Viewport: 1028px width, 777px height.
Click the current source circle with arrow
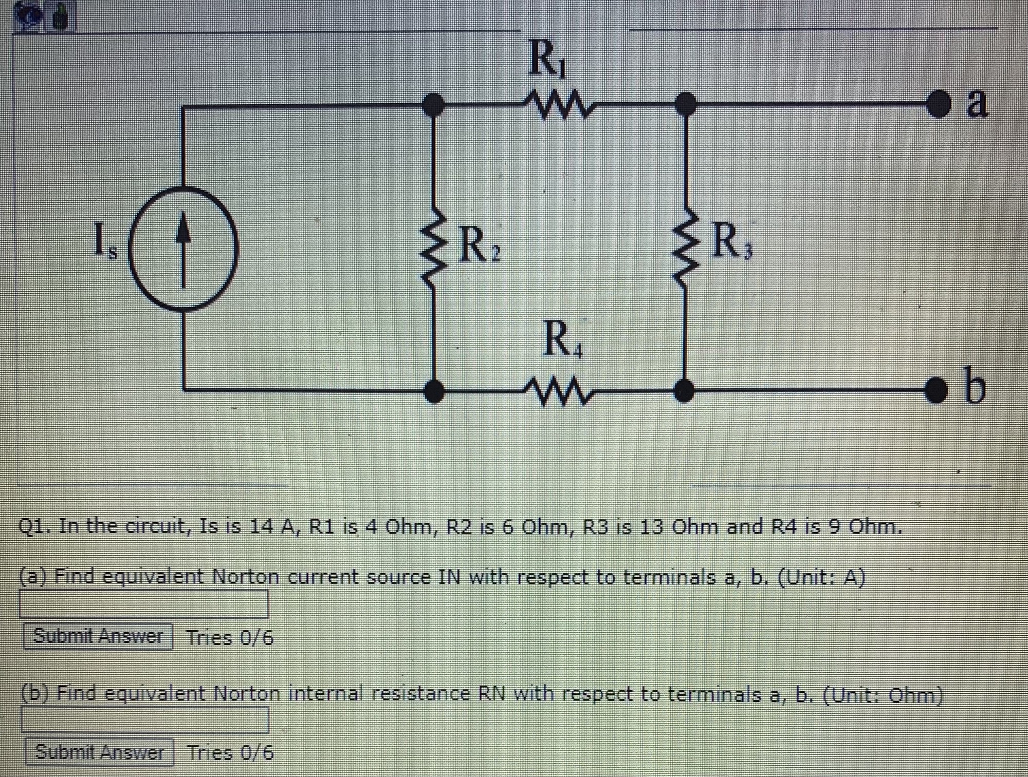click(x=183, y=249)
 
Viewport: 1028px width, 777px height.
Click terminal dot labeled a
click(x=938, y=104)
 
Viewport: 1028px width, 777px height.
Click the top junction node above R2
click(x=434, y=105)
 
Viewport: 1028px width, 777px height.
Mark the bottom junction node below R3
click(x=684, y=391)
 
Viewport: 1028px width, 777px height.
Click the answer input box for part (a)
click(x=144, y=604)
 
